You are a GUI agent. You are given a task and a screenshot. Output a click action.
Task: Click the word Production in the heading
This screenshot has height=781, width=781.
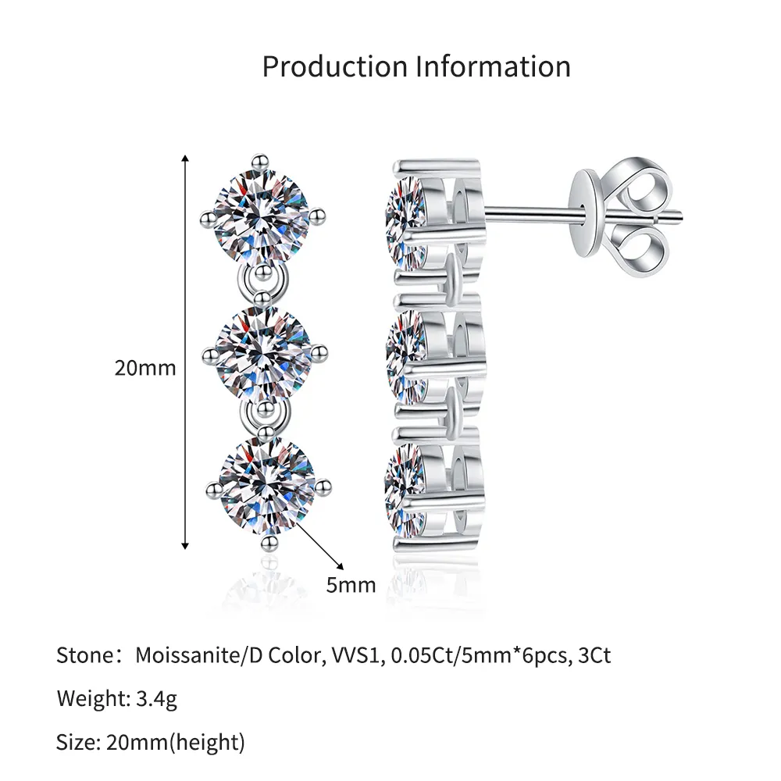pos(335,66)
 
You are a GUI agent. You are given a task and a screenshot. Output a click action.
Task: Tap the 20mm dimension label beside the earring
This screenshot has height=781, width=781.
pos(145,368)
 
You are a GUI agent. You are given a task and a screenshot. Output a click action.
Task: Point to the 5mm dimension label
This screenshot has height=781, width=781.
pos(351,585)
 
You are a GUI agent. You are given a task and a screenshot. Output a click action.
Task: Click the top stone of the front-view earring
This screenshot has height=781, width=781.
pos(262,216)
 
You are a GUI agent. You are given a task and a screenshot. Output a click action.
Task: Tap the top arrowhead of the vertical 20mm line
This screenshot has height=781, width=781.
pos(185,159)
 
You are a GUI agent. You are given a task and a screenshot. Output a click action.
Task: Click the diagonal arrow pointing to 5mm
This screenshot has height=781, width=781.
pos(319,543)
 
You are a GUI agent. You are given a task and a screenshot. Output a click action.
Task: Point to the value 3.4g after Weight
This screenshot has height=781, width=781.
pos(156,699)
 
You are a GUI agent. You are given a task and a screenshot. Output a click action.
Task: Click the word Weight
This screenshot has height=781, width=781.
pos(93,699)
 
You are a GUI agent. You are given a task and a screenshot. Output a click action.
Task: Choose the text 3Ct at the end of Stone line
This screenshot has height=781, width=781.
pos(594,655)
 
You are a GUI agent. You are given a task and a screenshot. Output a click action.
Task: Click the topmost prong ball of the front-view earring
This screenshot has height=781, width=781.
pos(259,162)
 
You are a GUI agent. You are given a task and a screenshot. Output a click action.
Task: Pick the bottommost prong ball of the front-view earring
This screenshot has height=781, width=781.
pos(269,542)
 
